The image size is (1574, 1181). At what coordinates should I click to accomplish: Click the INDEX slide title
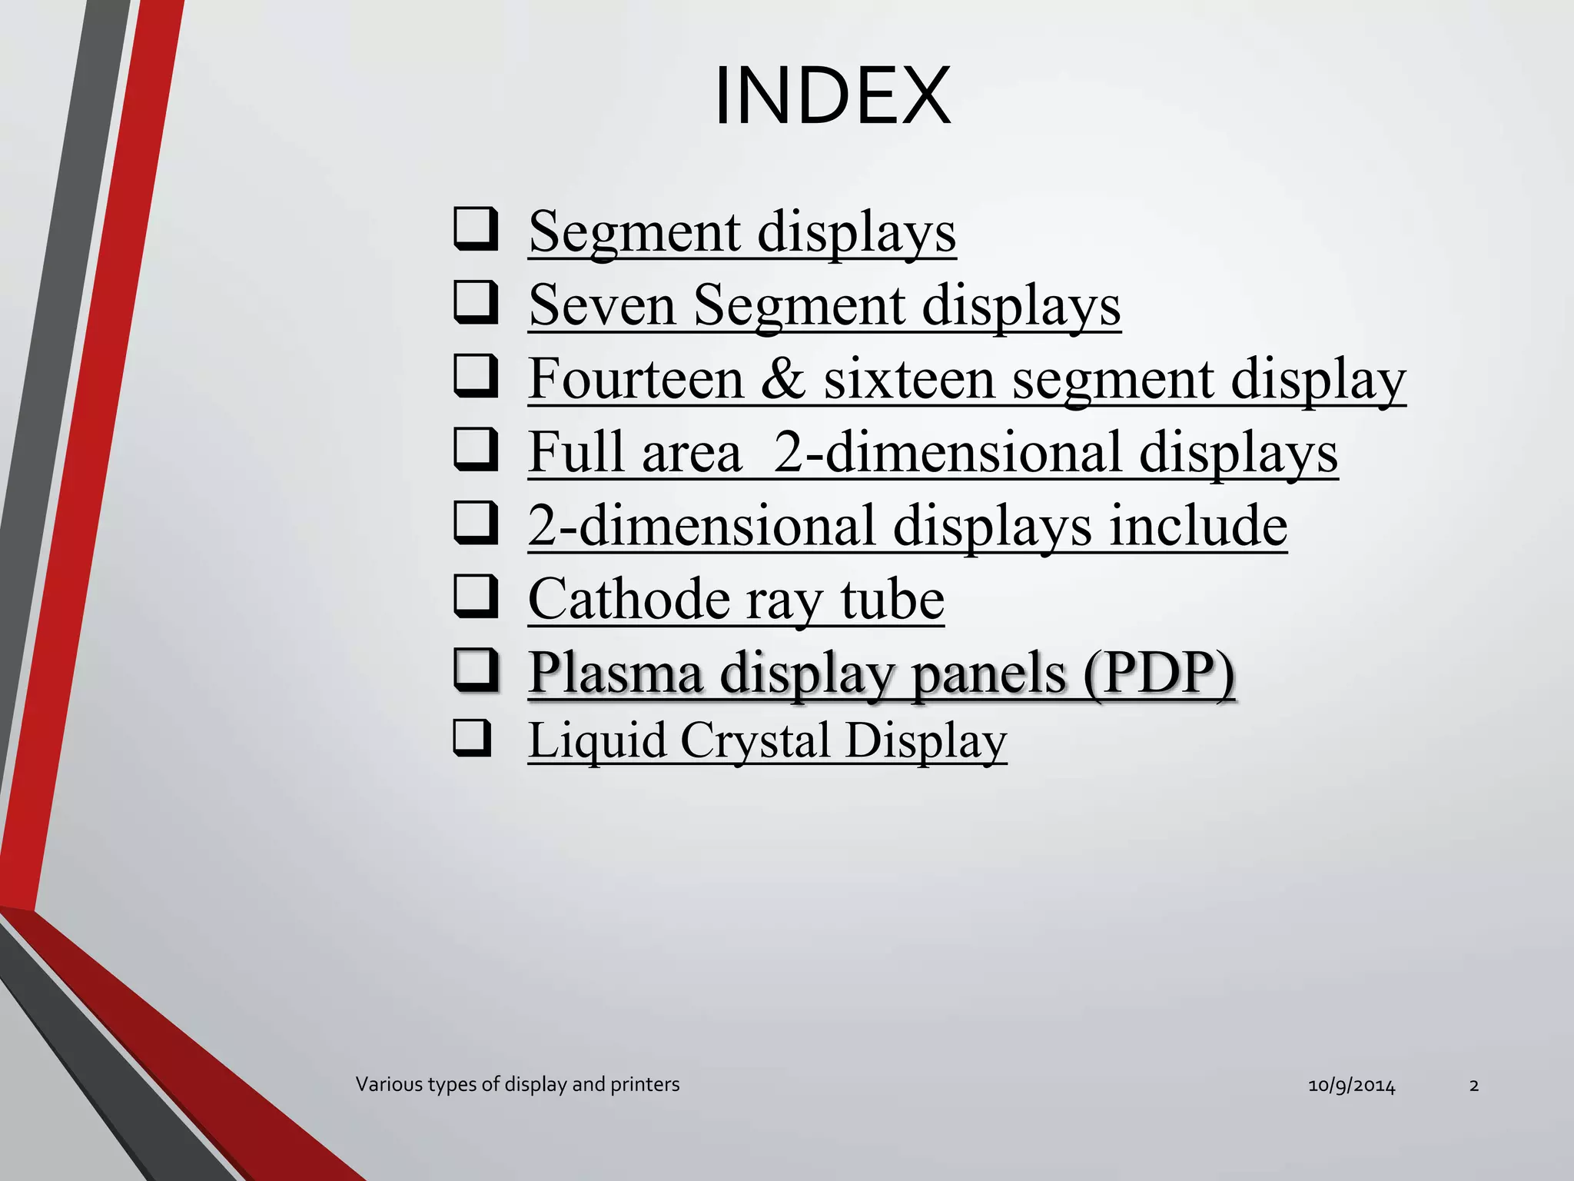(x=832, y=97)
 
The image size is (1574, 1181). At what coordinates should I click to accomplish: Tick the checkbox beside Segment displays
(x=476, y=228)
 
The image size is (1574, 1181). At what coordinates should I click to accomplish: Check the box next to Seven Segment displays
(x=476, y=302)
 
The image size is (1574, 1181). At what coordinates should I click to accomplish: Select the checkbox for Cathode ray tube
(x=476, y=597)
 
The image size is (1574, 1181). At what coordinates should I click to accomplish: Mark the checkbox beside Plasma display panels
(x=476, y=670)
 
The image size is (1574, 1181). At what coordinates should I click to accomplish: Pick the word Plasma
(x=616, y=673)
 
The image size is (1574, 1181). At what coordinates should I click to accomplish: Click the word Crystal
(x=755, y=740)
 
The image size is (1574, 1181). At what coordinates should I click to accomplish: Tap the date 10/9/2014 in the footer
(x=1351, y=1086)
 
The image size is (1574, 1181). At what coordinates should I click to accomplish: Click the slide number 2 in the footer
(x=1473, y=1086)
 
